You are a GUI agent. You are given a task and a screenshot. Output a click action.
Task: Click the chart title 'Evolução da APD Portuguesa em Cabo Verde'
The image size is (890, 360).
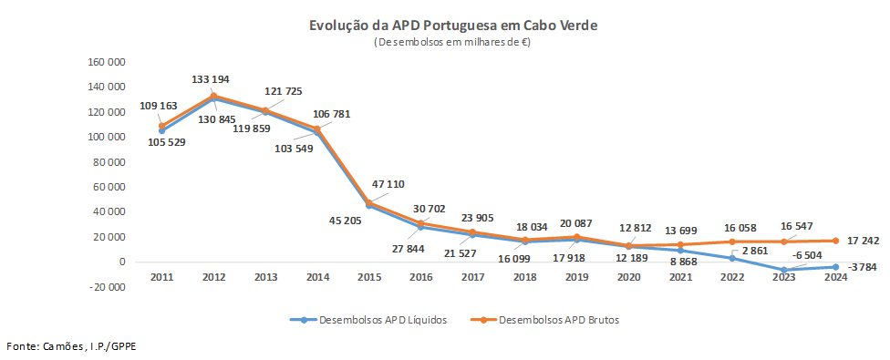453,26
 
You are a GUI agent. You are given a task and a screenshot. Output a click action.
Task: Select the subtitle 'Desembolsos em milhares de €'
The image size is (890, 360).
453,42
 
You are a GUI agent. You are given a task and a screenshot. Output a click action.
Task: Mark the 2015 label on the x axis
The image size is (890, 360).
369,276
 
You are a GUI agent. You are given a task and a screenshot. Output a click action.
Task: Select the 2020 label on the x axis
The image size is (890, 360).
628,276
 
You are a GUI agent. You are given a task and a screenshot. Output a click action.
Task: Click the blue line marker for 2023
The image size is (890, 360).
783,270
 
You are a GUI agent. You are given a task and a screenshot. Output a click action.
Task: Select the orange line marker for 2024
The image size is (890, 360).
835,241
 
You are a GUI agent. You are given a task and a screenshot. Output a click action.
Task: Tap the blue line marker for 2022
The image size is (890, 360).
731,258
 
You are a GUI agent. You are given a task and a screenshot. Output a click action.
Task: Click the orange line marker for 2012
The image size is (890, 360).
213,96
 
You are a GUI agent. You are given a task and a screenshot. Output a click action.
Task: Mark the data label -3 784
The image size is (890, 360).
864,267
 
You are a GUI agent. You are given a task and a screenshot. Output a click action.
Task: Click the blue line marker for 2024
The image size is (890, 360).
835,266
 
